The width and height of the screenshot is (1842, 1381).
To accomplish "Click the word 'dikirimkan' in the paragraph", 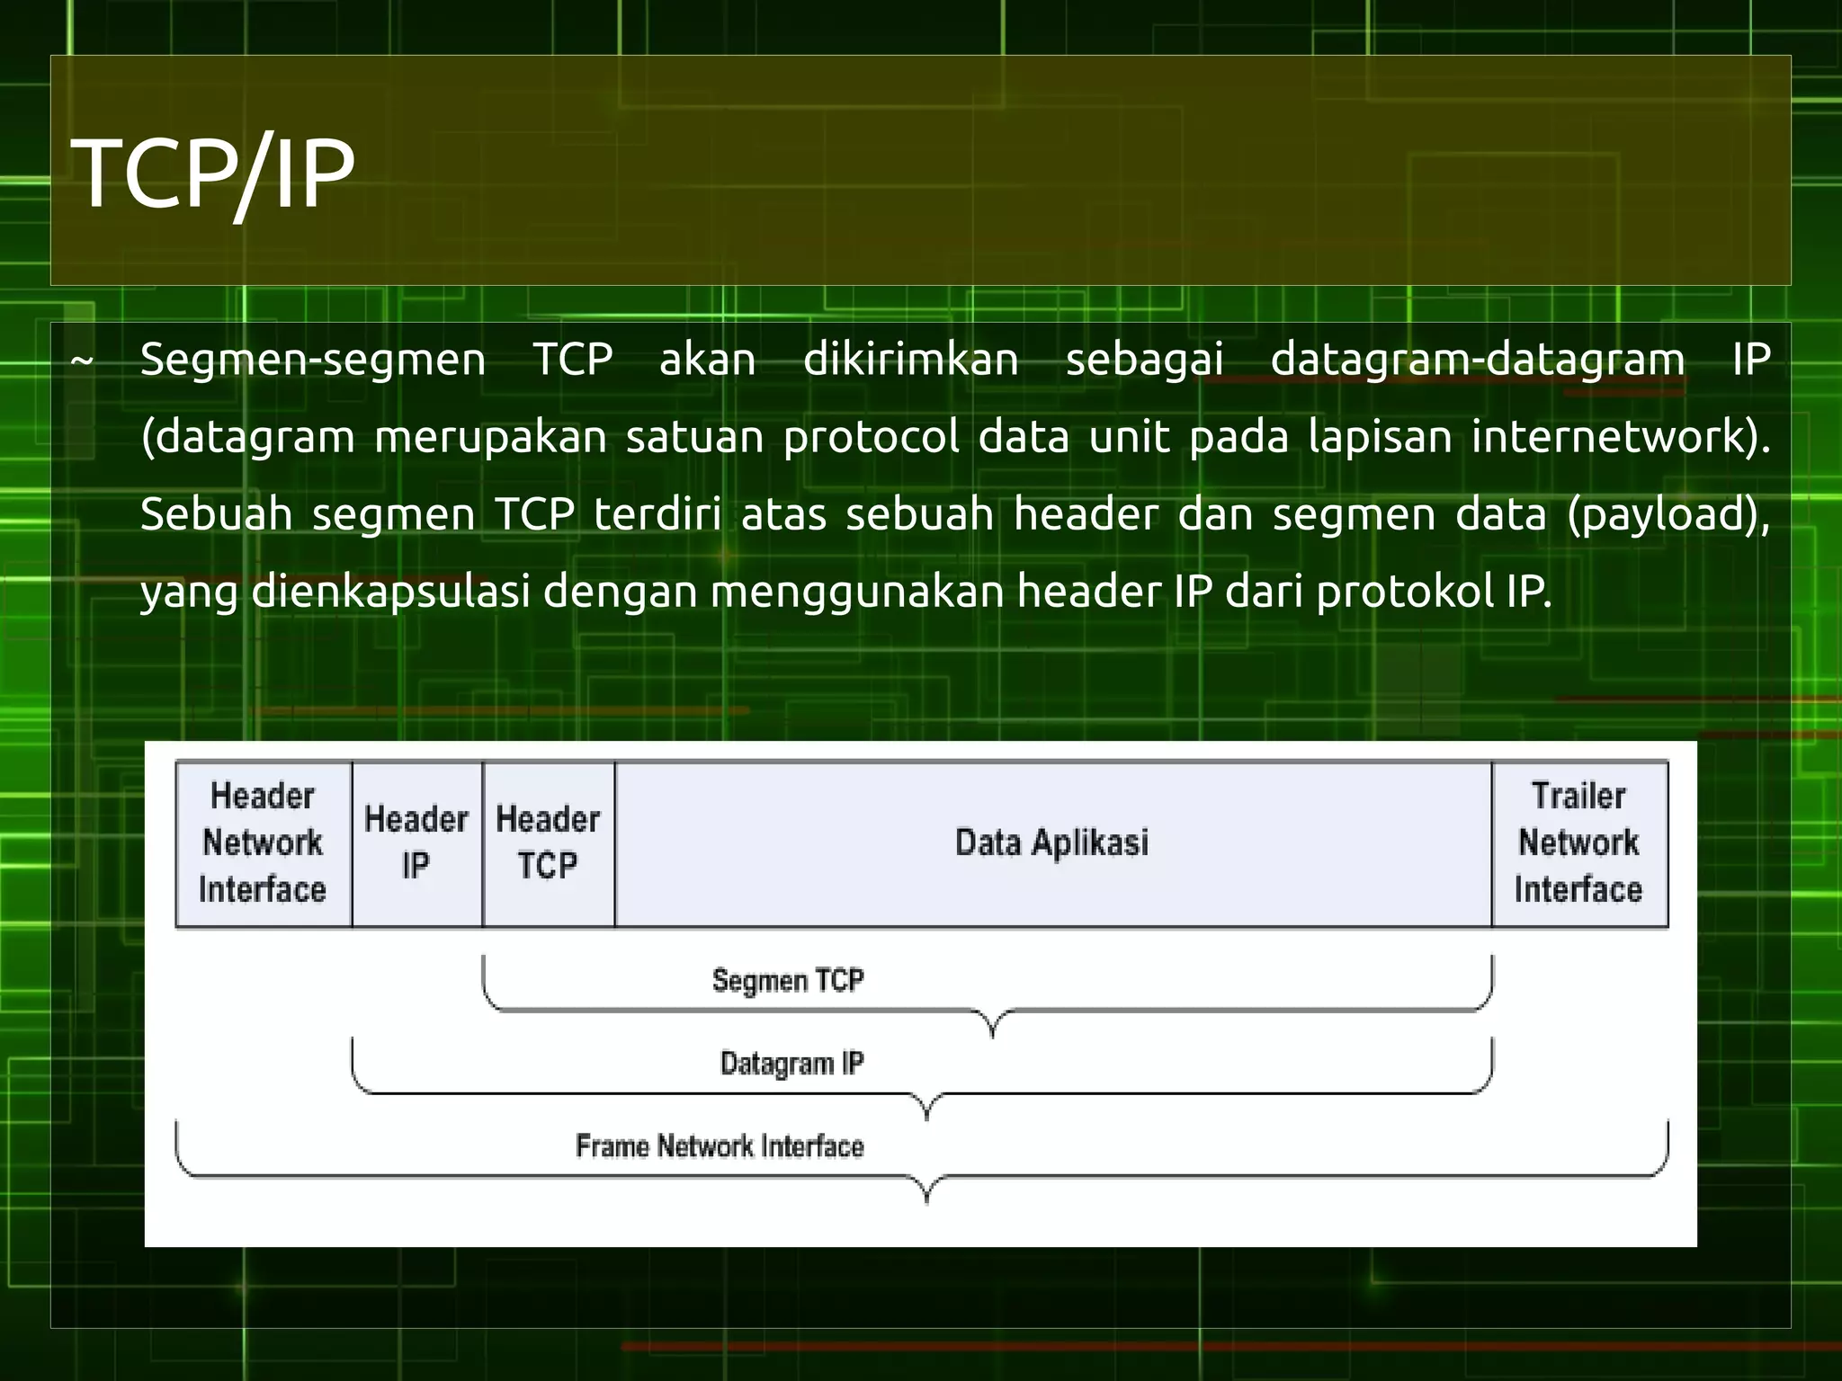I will (x=910, y=360).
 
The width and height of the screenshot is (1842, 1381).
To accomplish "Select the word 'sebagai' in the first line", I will (x=1144, y=360).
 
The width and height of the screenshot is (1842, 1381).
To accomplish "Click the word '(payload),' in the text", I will (x=1668, y=514).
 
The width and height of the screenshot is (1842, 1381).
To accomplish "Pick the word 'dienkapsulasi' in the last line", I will (x=390, y=592).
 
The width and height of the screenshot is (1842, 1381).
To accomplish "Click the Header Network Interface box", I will (x=263, y=843).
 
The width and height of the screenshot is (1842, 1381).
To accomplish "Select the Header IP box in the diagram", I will (x=416, y=843).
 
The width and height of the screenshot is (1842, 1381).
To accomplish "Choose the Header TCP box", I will (x=548, y=843).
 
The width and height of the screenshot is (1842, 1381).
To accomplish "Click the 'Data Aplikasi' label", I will (x=1051, y=843).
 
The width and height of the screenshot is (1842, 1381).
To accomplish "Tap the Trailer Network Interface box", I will (x=1578, y=843).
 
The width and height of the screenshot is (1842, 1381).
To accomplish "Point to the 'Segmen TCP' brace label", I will (x=788, y=980).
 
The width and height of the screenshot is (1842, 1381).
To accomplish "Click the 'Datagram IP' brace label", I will (x=791, y=1064).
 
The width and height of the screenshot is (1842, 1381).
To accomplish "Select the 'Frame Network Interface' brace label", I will (x=720, y=1146).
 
